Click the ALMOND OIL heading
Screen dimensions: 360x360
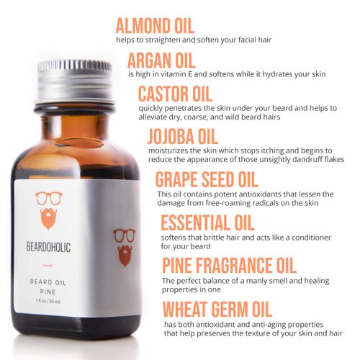(155, 24)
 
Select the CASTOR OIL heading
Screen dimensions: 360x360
(175, 94)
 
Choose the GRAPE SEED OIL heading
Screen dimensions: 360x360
(207, 179)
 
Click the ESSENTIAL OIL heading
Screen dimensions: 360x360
(207, 222)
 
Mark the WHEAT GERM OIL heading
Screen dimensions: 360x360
(217, 309)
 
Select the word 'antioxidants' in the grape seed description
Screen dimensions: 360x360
(261, 194)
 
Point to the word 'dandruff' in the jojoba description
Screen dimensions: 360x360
(307, 159)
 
